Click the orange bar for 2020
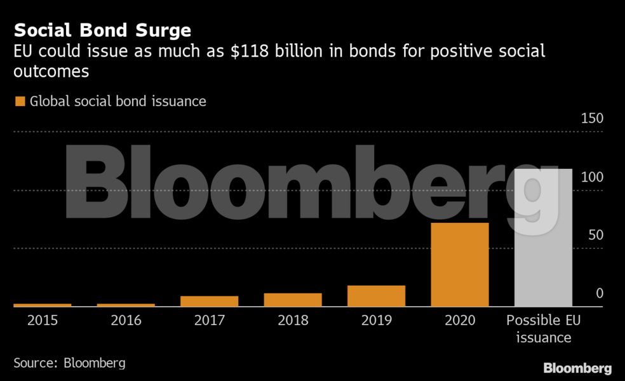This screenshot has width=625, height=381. (x=460, y=264)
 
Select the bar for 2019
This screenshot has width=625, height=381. (x=376, y=296)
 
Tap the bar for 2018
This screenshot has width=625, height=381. (x=293, y=300)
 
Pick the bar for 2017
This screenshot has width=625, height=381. (x=209, y=301)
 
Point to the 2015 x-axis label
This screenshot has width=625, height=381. (x=43, y=321)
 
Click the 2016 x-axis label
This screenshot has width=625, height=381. (x=126, y=321)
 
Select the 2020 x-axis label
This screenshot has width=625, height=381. (x=460, y=321)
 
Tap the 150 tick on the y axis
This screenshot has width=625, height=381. (x=591, y=119)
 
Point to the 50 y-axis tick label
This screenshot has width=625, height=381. (x=595, y=235)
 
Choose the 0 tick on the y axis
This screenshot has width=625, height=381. (x=599, y=293)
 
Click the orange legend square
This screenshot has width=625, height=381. (x=20, y=101)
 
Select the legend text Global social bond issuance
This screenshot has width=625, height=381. (x=118, y=101)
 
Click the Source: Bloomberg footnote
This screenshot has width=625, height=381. (x=69, y=363)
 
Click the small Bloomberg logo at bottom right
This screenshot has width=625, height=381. (x=577, y=368)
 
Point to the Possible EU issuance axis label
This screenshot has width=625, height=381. (x=543, y=329)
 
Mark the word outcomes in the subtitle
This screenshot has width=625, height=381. (x=51, y=72)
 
